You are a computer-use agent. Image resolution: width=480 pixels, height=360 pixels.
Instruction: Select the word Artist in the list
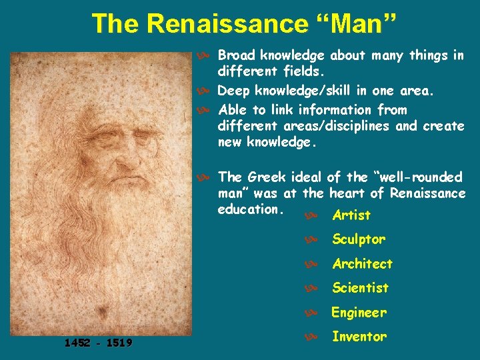pos(351,215)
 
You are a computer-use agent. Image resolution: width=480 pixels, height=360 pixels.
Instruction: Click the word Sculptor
pos(359,239)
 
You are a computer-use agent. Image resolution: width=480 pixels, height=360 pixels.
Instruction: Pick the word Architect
pos(362,263)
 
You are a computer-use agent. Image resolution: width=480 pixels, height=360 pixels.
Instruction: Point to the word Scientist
pos(360,288)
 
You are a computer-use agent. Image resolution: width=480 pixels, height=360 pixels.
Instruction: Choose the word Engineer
pos(359,312)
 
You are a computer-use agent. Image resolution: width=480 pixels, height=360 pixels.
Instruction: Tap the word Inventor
pos(359,337)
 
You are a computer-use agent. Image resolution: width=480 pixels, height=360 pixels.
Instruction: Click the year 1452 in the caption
pos(78,343)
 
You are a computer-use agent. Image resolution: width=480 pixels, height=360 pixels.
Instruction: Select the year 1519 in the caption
pos(118,343)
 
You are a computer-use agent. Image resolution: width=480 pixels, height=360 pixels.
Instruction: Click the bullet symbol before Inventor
pos(309,337)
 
